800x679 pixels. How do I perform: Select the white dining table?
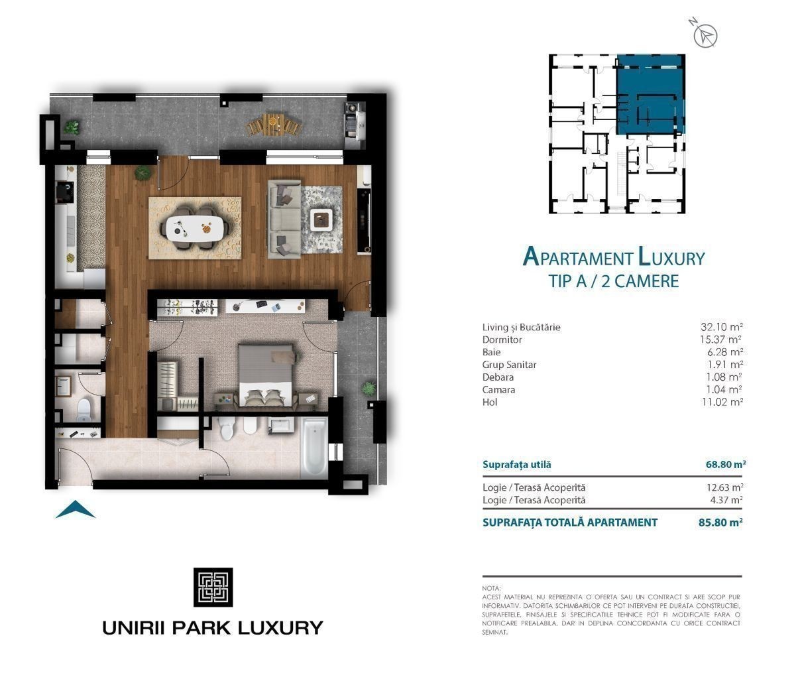pos(195,227)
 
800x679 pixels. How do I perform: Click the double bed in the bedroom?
pos(266,375)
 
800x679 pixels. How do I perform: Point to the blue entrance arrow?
pos(76,509)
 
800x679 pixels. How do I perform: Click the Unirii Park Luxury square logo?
pos(213,587)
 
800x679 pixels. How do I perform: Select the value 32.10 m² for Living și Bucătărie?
pos(721,327)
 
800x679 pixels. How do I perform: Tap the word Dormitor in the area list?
pos(502,339)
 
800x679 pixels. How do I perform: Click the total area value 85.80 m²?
pos(720,523)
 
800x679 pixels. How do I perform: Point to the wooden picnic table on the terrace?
pos(274,124)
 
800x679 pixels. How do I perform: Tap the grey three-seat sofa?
pos(284,219)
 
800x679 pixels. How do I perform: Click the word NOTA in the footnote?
pos(491,588)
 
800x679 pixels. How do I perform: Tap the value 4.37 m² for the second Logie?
pos(726,500)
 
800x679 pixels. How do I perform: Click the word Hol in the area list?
pos(490,402)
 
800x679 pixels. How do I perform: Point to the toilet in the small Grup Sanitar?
pos(84,410)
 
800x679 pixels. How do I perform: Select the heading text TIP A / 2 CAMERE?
pos(614,281)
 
